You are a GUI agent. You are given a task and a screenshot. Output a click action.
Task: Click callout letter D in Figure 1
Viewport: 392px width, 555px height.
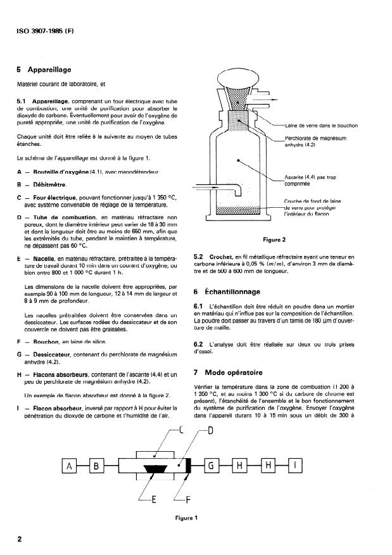pyautogui.click(x=210, y=431)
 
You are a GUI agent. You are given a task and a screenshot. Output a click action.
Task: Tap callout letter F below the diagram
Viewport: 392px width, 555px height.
pyautogui.click(x=188, y=499)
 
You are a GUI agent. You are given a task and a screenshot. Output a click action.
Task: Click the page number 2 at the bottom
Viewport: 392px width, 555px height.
pyautogui.click(x=20, y=540)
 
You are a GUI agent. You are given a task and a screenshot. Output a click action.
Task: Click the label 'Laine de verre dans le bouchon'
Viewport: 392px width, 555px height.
pyautogui.click(x=321, y=125)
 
